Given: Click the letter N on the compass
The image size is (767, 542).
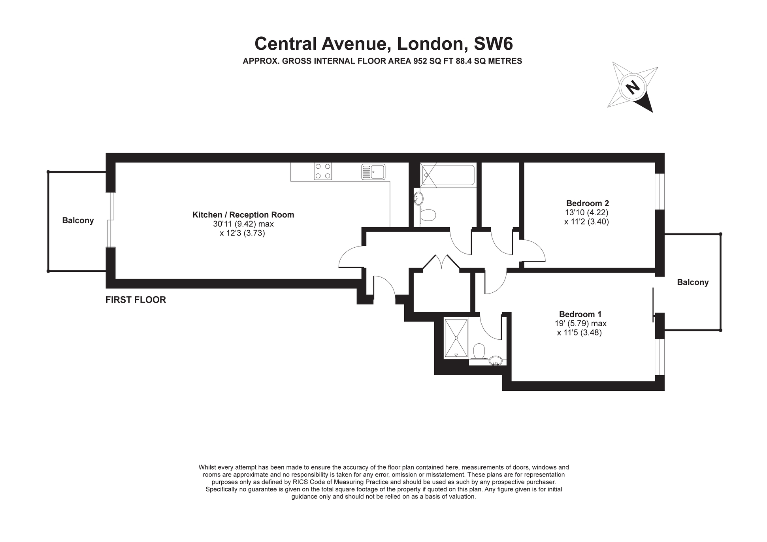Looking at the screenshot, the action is point(633,87).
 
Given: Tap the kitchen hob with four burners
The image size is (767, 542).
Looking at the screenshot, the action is point(323,171).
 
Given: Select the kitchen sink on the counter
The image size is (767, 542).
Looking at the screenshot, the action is point(373,172).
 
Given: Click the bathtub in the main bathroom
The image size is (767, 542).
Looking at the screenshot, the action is point(448,175).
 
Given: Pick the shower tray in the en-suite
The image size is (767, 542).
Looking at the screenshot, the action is point(456,338).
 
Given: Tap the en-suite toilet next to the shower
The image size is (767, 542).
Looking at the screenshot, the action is point(479,351).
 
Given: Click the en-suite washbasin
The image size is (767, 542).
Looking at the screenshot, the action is point(496,361).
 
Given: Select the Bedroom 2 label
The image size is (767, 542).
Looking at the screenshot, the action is point(587,203).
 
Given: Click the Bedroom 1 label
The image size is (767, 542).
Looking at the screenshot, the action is point(580,314).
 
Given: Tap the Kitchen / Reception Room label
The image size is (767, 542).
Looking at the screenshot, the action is point(243,215).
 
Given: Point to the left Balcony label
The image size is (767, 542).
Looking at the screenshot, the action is point(78,220).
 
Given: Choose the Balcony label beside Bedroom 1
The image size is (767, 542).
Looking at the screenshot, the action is point(693,282).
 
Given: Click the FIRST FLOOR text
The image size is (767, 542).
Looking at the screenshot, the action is point(136,300).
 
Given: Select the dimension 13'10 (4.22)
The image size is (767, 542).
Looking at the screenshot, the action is point(586,213).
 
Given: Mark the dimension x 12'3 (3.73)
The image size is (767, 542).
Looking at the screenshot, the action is point(242,233).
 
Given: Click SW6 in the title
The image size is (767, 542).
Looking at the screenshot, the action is point(493,43).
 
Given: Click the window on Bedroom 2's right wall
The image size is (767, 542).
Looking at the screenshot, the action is point(660,191).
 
